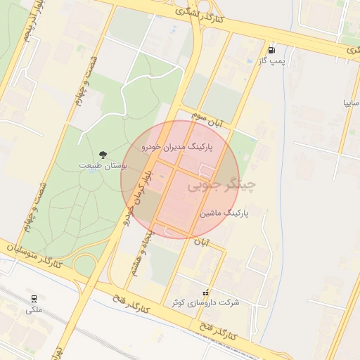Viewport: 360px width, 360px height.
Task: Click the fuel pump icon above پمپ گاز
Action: tap(272, 51)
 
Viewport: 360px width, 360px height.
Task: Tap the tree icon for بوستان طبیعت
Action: tap(103, 155)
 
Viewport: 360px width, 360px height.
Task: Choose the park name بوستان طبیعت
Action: tap(103, 166)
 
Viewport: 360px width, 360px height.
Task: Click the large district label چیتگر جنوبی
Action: tap(221, 185)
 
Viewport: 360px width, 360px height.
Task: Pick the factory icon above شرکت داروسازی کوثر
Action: tap(205, 292)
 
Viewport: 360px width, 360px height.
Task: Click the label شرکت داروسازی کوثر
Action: tap(205, 302)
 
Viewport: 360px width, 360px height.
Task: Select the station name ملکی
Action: tap(34, 309)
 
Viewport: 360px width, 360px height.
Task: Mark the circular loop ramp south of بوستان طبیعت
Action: tap(84, 264)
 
